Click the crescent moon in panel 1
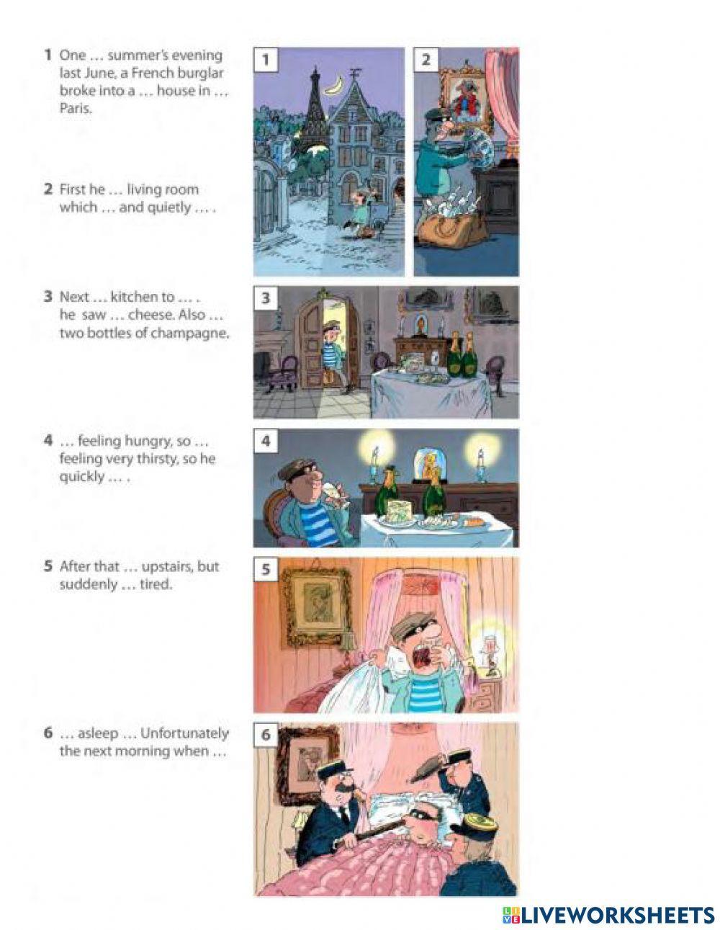pos(335,85)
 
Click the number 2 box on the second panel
pos(426,60)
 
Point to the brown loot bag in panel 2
pos(453,231)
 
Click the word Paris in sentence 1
pos(76,109)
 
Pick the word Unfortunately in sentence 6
pos(184,733)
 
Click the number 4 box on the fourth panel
pos(266,442)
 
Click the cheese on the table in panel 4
pos(400,510)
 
